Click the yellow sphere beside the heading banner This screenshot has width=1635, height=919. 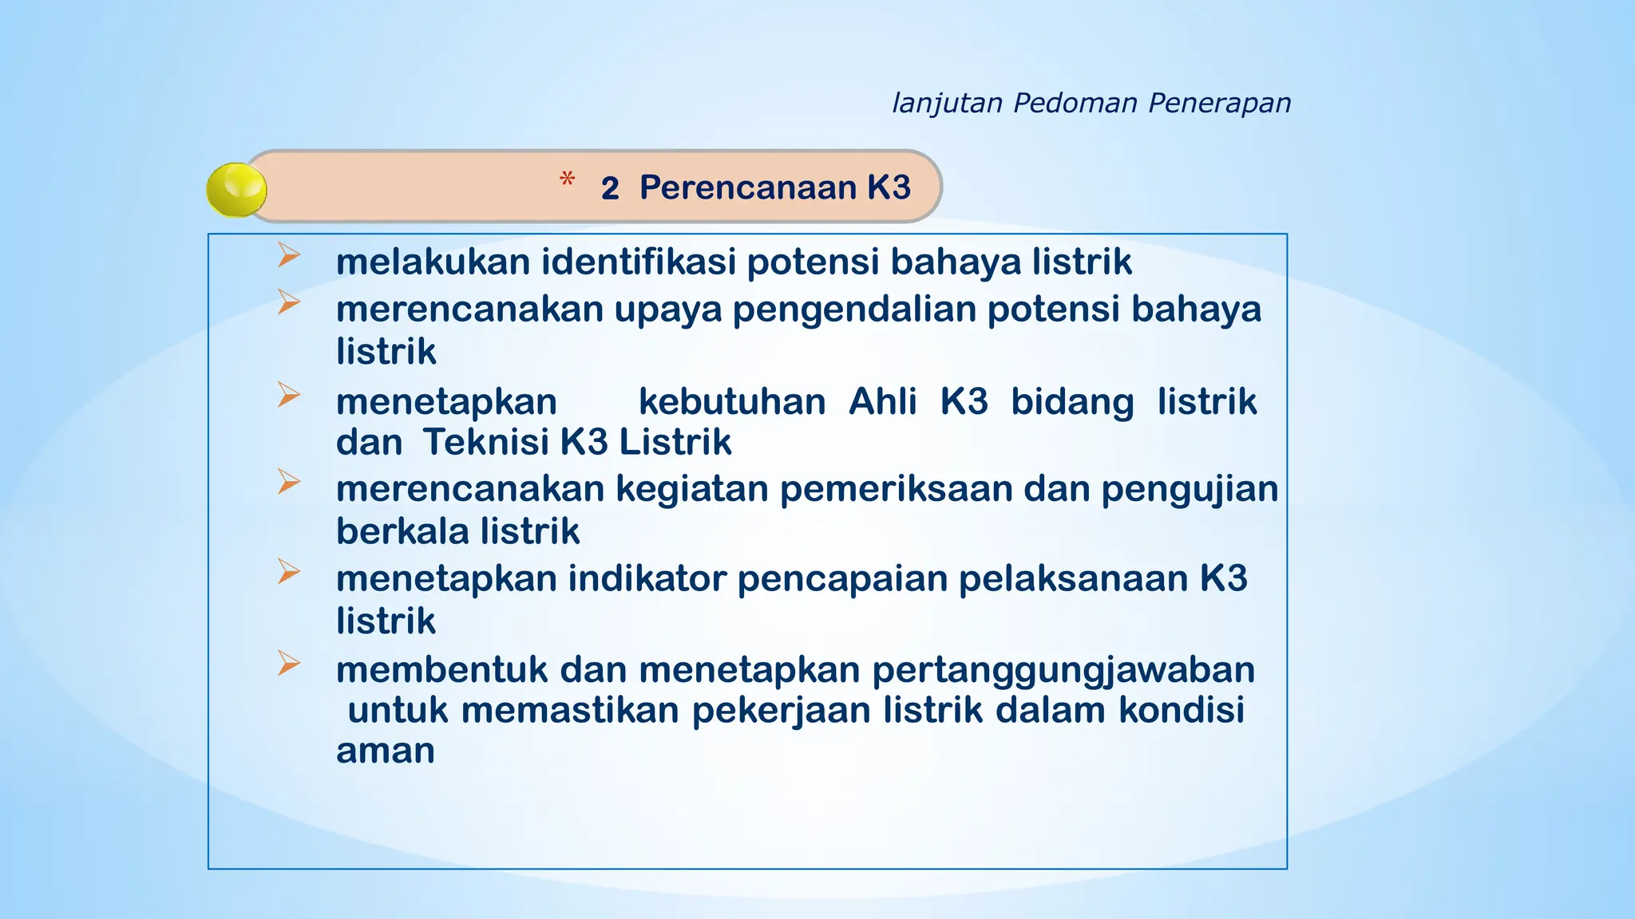(x=236, y=190)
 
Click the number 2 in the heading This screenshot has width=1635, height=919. (x=610, y=189)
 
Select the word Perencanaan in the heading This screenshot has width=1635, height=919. (x=747, y=187)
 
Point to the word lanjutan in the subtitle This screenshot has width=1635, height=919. (x=947, y=104)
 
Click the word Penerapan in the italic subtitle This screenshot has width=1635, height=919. (x=1219, y=104)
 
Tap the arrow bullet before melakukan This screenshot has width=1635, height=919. (x=288, y=255)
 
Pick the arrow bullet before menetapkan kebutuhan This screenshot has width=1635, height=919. (x=288, y=395)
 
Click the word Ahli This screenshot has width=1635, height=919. (x=882, y=401)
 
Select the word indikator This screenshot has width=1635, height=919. (x=647, y=579)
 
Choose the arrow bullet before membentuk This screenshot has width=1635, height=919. (x=288, y=663)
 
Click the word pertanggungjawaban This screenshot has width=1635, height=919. (x=1063, y=671)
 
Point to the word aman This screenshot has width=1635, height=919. (x=385, y=751)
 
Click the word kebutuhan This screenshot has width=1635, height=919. (x=732, y=401)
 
